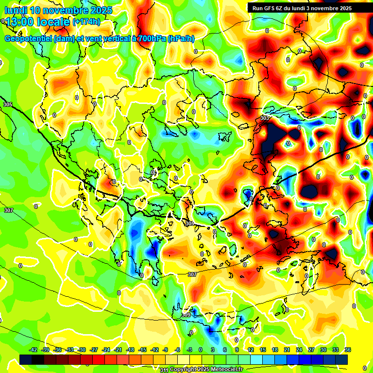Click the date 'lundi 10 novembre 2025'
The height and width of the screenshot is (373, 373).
coord(58,10)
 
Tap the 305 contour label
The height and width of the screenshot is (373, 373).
coord(7,104)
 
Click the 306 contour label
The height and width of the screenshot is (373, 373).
coord(189,223)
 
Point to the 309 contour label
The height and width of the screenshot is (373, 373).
coord(186,315)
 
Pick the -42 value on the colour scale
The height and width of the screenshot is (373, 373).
coord(34,350)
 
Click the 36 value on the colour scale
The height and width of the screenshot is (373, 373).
coord(347,350)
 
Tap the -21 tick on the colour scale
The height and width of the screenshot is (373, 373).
coord(118,350)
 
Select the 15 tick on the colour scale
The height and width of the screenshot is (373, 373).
coord(262,350)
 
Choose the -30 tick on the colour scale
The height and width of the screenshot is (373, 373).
coord(82,350)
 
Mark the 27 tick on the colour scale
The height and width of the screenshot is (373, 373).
coord(311,350)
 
